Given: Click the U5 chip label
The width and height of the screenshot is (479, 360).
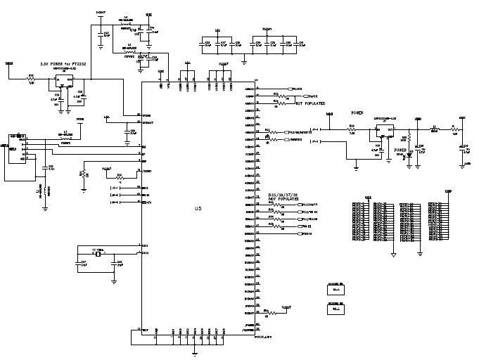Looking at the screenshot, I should click(198, 209).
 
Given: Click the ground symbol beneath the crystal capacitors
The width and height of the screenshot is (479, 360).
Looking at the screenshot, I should click(113, 283).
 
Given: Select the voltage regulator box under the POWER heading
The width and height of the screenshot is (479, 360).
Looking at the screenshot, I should click(385, 131).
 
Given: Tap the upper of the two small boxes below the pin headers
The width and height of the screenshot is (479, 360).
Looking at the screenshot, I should click(336, 288).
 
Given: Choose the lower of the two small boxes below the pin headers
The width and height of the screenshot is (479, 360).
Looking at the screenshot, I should click(336, 308).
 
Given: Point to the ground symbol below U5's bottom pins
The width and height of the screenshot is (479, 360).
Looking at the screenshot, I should click(194, 352).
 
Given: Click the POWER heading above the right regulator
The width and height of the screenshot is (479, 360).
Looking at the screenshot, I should click(357, 112).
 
